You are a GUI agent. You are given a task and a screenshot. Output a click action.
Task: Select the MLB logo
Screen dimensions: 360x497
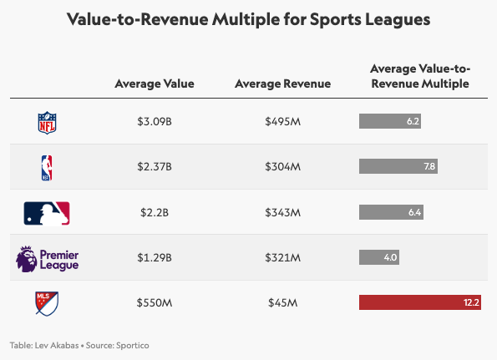point(47,213)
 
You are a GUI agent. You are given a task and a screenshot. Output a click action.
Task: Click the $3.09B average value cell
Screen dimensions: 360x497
point(155,122)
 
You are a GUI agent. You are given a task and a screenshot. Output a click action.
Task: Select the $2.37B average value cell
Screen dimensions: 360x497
point(155,167)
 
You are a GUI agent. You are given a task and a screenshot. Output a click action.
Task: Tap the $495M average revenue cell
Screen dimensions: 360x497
point(282,122)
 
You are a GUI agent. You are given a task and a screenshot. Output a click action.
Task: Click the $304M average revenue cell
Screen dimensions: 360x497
point(282,167)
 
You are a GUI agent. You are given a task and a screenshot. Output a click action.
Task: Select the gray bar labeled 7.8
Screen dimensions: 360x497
point(398,167)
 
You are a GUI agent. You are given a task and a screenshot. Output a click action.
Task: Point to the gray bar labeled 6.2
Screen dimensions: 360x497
point(390,122)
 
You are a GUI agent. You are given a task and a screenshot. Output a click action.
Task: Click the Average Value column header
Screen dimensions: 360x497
point(155,84)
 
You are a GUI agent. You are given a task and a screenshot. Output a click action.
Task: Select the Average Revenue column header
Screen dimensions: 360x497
point(282,84)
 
